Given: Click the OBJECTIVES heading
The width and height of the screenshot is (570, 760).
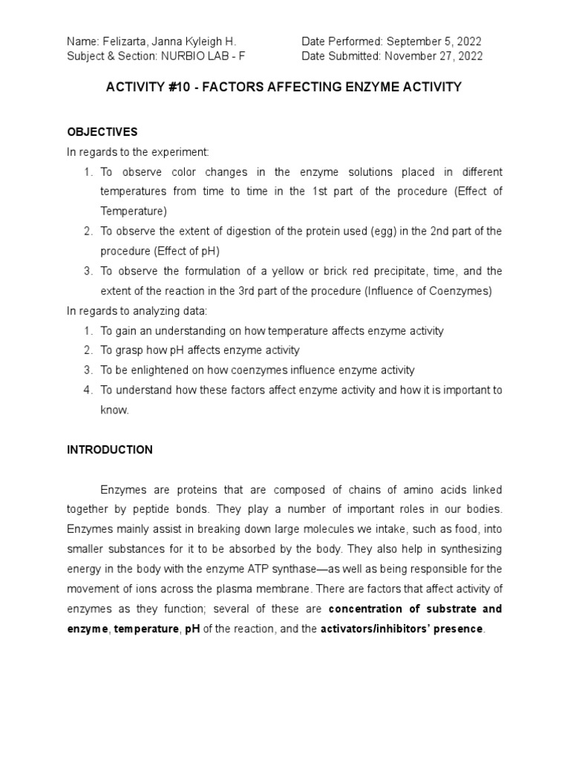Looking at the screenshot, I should tap(102, 132).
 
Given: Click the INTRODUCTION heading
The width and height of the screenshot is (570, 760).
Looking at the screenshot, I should tap(110, 450).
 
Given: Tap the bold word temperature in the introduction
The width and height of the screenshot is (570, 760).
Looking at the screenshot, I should tap(141, 629).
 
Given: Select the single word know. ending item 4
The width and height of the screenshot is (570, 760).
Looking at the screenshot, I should tap(115, 410).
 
